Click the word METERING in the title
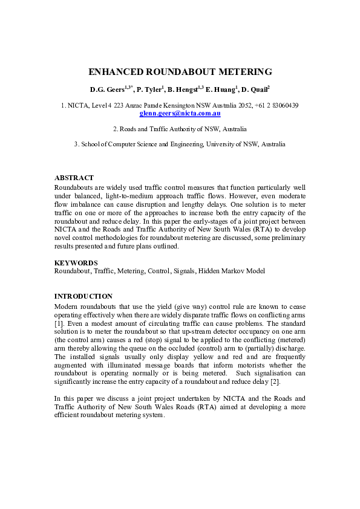246,72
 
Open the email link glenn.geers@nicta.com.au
180,113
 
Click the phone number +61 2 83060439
278,106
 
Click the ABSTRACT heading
74,178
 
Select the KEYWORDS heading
76,263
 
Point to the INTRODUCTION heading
83,296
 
